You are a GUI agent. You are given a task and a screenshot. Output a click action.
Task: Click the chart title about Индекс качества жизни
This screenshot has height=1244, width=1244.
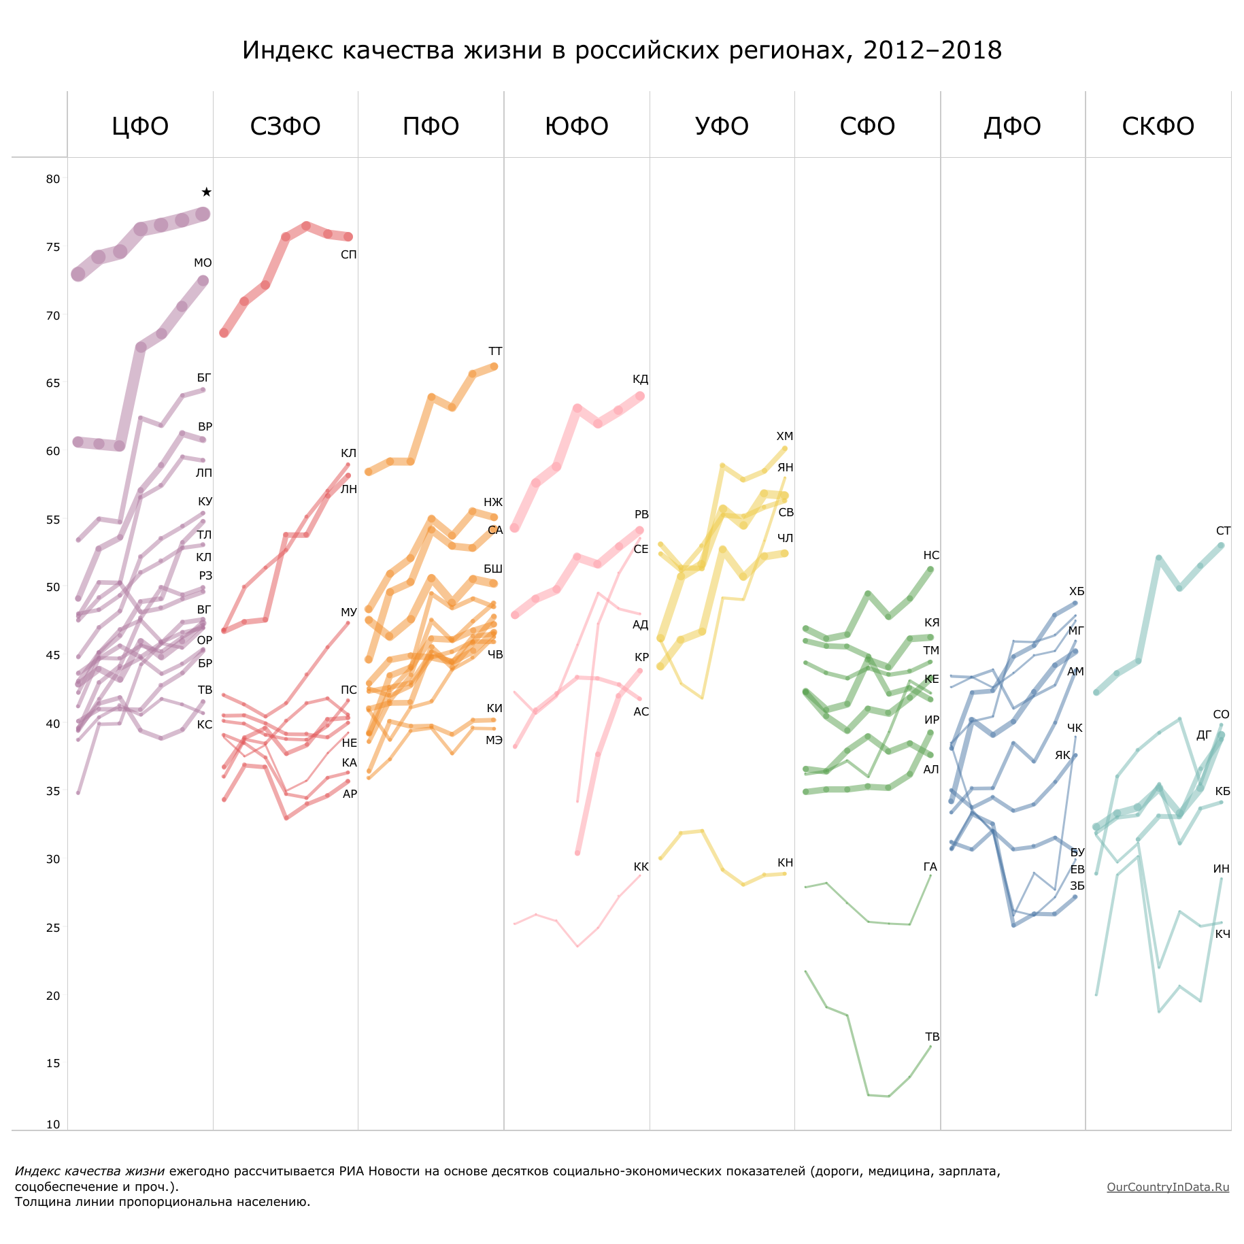click(622, 50)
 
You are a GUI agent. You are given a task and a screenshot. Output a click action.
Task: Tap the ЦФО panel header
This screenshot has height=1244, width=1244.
click(140, 127)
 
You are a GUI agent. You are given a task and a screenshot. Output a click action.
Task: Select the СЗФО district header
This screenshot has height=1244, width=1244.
click(285, 127)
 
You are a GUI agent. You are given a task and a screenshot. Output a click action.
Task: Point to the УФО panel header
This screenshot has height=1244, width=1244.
click(722, 127)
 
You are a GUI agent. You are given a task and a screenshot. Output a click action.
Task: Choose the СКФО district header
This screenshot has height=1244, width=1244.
click(1158, 127)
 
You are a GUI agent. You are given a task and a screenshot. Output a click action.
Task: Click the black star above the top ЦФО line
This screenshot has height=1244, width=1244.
click(207, 192)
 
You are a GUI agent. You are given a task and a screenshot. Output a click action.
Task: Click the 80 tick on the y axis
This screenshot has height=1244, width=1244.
click(53, 180)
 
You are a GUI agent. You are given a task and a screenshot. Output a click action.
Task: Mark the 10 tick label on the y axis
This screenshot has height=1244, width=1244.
click(53, 1124)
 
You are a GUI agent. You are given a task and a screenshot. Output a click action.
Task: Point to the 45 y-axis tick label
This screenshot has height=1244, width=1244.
click(53, 656)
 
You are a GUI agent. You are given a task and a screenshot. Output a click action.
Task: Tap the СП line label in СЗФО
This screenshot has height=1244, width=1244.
click(348, 255)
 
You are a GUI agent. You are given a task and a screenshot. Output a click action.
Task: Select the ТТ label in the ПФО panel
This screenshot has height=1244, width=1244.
click(495, 352)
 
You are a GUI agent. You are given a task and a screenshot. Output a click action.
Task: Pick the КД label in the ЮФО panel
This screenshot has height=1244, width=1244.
click(640, 380)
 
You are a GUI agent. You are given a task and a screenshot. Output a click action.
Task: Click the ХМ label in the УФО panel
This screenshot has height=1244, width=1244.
click(785, 437)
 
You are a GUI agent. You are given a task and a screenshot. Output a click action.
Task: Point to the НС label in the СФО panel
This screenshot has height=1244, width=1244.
click(931, 556)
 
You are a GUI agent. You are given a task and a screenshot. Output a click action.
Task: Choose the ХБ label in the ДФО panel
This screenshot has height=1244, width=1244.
click(1077, 592)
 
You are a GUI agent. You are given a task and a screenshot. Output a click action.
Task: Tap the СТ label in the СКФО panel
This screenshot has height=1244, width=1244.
click(1223, 531)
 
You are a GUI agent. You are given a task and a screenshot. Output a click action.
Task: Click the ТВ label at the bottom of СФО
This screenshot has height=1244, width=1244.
click(932, 1037)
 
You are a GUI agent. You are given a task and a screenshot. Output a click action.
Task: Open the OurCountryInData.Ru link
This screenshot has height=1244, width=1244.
click(1167, 1187)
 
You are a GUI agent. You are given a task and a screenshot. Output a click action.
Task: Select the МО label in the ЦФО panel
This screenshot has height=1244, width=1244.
click(203, 263)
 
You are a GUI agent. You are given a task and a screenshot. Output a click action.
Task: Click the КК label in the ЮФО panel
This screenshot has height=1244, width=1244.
click(641, 867)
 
